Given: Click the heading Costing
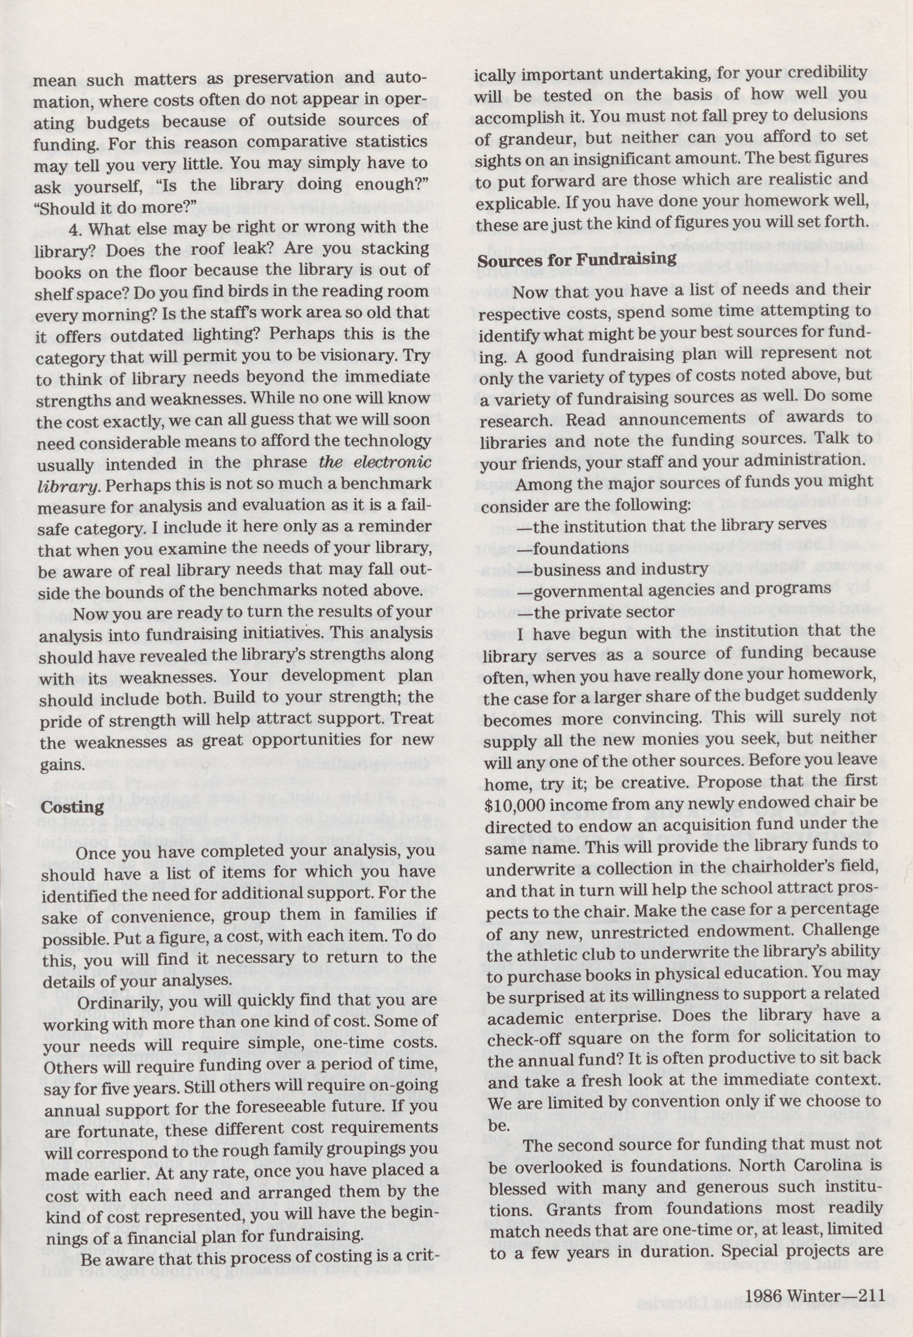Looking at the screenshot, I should coord(64,806).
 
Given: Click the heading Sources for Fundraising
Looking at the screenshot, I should coord(577,259).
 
